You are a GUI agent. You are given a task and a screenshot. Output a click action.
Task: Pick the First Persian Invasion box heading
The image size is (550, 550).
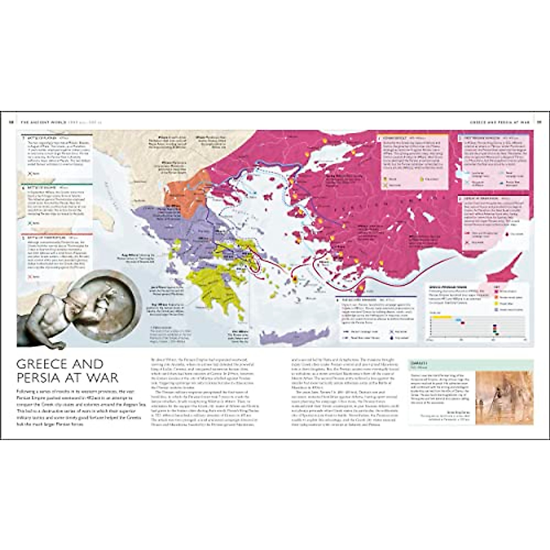click(479, 138)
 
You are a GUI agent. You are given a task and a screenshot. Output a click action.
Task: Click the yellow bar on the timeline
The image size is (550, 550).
click(442, 317)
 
